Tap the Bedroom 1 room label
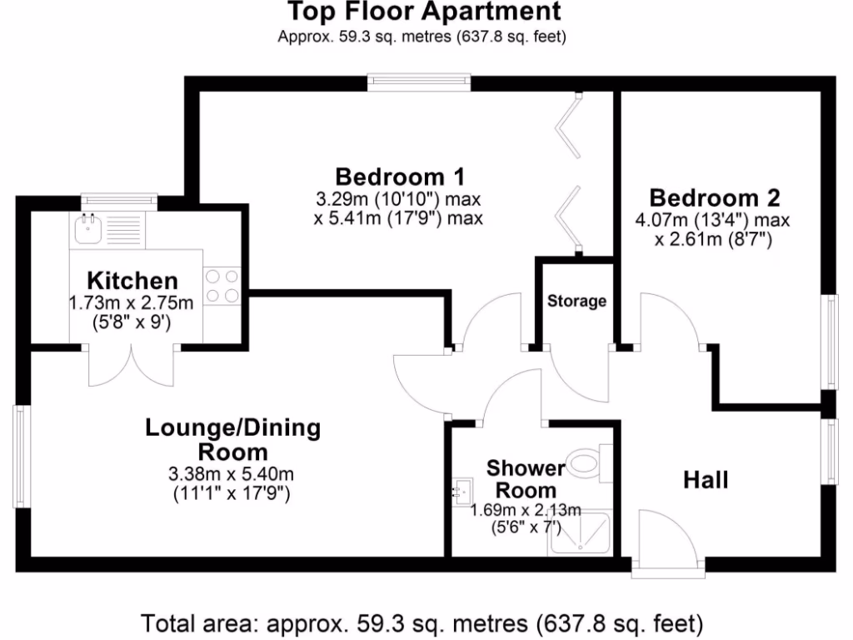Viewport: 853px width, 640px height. pos(399,177)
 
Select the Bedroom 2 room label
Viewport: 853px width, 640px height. pos(715,198)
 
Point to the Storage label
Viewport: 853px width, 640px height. pos(576,301)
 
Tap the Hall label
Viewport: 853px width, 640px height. pos(706,480)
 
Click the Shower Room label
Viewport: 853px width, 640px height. pos(526,478)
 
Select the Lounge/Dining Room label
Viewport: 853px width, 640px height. pos(232,439)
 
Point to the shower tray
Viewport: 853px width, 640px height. pos(580,534)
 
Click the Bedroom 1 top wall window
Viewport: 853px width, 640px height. pos(420,82)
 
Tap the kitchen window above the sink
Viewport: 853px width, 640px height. pos(118,200)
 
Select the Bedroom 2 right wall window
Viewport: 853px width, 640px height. pos(829,341)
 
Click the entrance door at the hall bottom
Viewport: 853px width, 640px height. pos(663,542)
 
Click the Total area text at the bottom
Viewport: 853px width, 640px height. pos(424,622)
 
